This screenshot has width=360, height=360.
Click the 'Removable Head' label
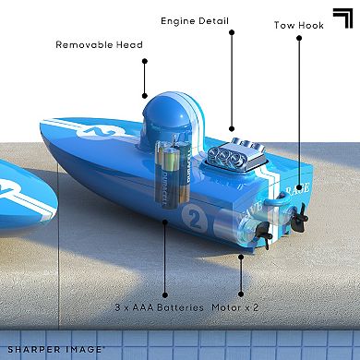coord(99,44)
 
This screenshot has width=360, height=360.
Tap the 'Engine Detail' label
coord(195,21)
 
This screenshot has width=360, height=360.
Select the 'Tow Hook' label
coord(299,25)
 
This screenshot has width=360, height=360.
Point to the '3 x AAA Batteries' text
coord(159,307)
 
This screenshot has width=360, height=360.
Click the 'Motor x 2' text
coord(235,307)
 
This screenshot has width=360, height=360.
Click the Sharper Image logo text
coord(54,350)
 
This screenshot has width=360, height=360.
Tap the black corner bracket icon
coord(342,18)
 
